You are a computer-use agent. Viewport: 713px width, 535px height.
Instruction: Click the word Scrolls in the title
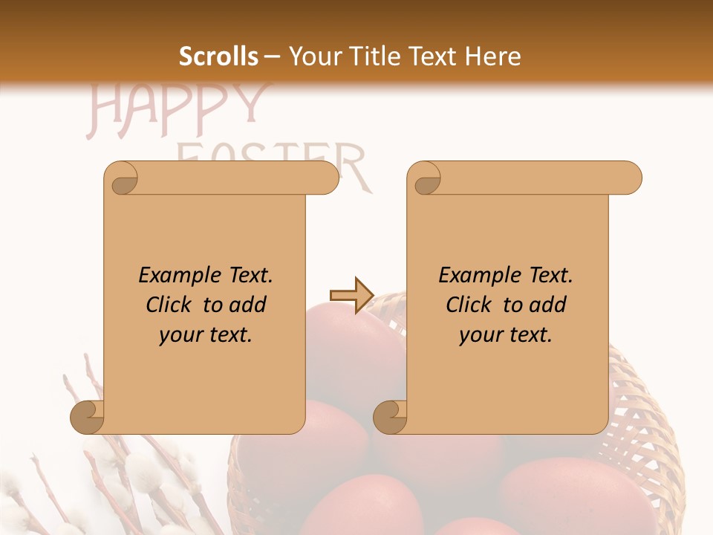[x=219, y=56]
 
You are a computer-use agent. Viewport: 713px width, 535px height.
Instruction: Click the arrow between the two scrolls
[x=351, y=296]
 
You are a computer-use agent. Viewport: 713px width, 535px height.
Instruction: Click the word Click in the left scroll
[x=169, y=305]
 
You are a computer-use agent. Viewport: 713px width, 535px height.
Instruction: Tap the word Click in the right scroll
[x=469, y=305]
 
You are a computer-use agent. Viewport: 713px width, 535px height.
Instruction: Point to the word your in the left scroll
[x=180, y=336]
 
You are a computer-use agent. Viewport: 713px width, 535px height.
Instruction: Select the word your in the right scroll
[x=481, y=336]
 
